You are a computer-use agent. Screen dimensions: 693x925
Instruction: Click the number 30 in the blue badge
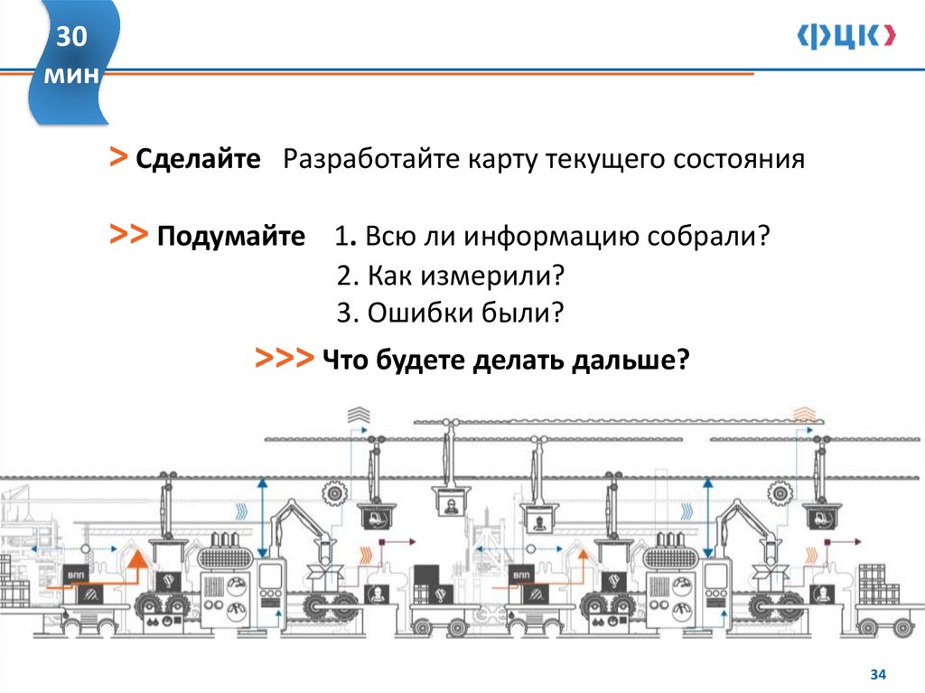(x=72, y=37)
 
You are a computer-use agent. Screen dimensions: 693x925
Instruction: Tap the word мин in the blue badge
(x=72, y=75)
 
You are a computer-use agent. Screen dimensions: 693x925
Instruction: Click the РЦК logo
(x=846, y=36)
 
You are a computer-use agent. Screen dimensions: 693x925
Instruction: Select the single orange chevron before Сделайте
(x=118, y=158)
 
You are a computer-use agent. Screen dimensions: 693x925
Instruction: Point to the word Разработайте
(x=371, y=160)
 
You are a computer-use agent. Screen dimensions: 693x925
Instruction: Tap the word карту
(x=502, y=160)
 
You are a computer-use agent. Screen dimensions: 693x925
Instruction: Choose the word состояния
(x=738, y=160)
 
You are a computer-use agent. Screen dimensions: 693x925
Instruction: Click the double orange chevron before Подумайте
(x=128, y=236)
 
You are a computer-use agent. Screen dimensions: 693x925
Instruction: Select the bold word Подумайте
(x=231, y=238)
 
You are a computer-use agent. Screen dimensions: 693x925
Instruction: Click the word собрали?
(x=719, y=238)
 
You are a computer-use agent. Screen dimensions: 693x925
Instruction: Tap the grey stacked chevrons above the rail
(x=359, y=415)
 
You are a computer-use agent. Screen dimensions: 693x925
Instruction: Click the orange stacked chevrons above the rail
(x=801, y=415)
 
